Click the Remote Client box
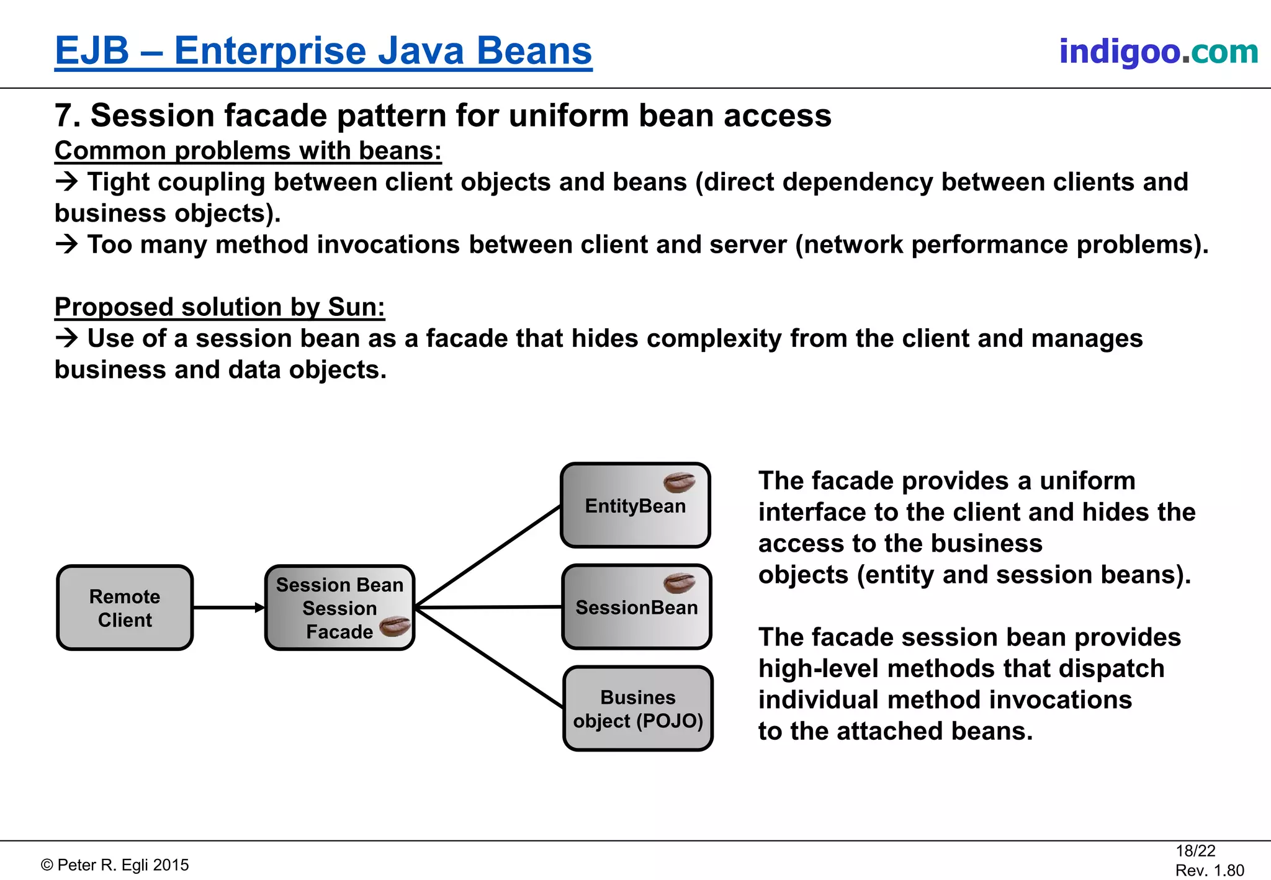coord(125,608)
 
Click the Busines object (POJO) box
coord(638,709)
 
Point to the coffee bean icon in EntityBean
coord(679,482)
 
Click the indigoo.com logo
coord(1158,52)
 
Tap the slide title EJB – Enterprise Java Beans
coord(323,51)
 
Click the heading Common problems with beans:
coord(248,151)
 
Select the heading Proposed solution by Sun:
coord(220,307)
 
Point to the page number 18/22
coord(1195,851)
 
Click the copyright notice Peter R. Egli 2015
coord(115,865)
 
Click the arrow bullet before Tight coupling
coord(66,182)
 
